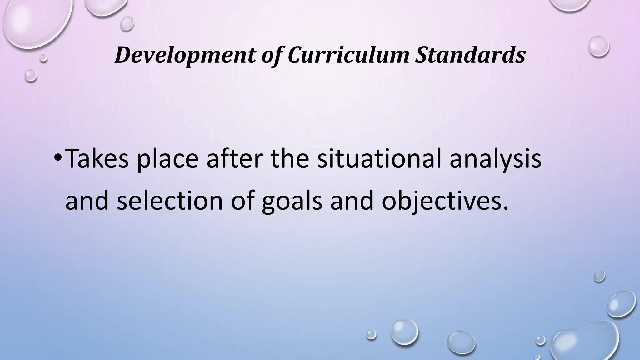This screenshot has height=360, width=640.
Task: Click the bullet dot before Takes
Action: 57,159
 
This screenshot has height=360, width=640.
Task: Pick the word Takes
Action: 97,158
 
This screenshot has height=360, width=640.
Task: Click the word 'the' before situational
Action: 289,158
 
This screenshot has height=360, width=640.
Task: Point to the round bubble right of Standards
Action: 599,46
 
